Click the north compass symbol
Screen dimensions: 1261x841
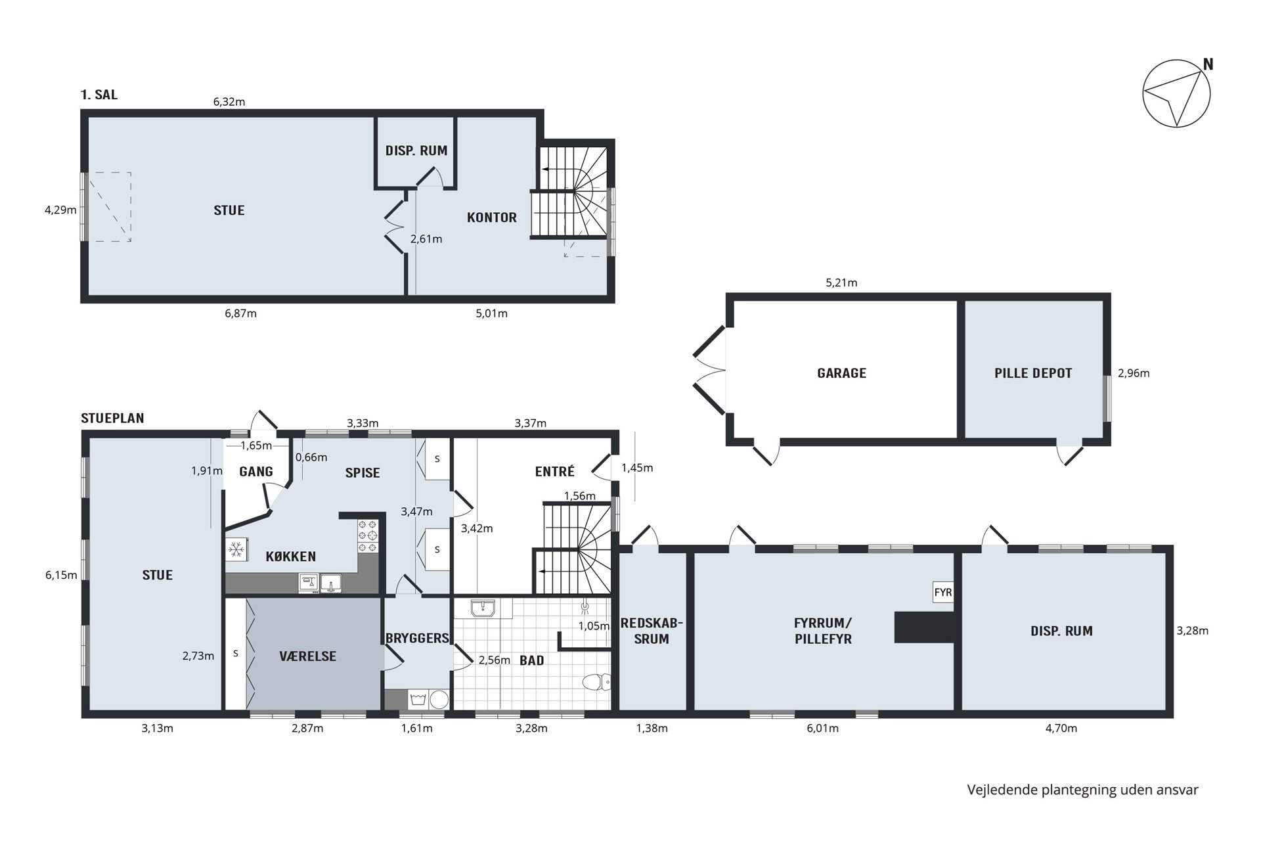1176,93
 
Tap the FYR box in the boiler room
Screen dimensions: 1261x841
943,592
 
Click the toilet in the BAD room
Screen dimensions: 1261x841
596,683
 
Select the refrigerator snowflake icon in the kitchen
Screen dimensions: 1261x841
236,549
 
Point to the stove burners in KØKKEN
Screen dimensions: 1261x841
368,536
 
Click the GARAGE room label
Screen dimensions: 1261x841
841,373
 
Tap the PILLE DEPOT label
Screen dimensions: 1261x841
1033,373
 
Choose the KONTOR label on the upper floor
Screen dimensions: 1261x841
492,217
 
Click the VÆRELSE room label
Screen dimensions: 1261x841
307,656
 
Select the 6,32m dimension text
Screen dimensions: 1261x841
229,102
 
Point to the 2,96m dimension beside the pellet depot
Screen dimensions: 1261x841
1134,373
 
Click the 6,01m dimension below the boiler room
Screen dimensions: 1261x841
823,728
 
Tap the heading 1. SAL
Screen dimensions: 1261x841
99,95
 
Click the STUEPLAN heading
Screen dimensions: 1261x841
112,418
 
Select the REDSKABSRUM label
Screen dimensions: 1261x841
652,631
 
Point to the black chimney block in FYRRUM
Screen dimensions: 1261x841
924,627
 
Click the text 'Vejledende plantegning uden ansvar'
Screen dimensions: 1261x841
1082,790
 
